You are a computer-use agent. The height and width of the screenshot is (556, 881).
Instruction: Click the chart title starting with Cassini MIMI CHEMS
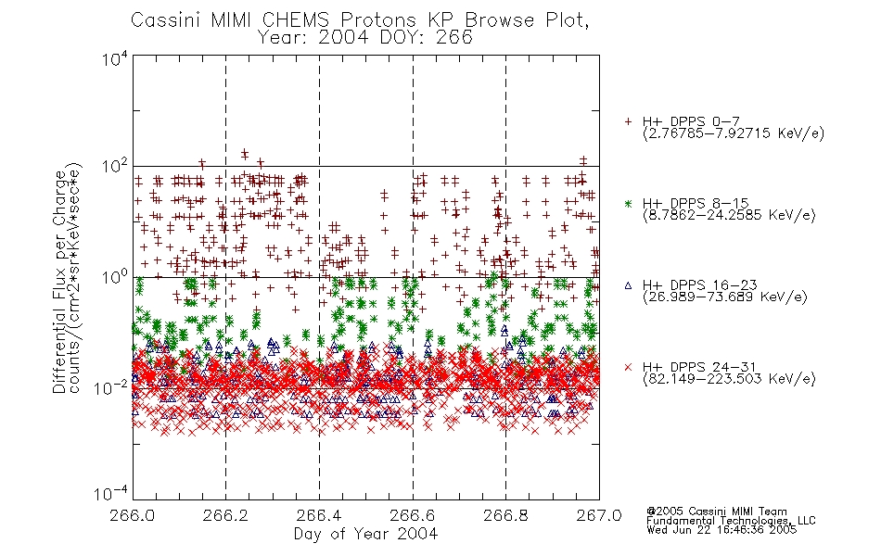[360, 20]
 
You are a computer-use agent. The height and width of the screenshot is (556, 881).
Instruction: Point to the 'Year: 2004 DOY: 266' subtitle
[365, 38]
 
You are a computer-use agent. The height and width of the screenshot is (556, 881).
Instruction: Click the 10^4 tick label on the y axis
[115, 58]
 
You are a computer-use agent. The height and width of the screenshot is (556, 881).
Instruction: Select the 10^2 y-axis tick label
[115, 167]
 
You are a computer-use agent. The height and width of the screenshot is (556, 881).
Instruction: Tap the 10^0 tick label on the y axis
[115, 277]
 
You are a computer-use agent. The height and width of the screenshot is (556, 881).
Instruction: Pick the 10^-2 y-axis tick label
[111, 387]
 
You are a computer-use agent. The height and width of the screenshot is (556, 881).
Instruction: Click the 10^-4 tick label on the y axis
[111, 493]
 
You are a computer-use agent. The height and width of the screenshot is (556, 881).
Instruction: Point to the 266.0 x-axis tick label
[133, 515]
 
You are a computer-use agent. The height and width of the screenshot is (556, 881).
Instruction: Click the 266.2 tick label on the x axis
[226, 515]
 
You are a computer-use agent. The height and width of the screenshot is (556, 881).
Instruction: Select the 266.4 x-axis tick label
[319, 515]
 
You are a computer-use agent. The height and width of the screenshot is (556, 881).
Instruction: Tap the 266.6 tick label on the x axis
[413, 515]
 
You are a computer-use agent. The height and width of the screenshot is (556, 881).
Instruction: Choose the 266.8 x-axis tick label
[505, 515]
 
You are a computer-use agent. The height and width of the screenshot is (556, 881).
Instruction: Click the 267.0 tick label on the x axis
[599, 515]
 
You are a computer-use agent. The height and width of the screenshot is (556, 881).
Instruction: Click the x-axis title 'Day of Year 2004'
[365, 534]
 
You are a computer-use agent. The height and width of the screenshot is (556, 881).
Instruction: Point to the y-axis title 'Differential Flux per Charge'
[59, 282]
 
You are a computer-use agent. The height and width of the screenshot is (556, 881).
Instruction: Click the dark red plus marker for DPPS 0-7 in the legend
[628, 121]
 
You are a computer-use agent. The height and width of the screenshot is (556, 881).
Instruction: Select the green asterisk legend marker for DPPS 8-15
[628, 203]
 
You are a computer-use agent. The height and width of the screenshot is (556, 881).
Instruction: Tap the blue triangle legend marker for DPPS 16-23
[628, 285]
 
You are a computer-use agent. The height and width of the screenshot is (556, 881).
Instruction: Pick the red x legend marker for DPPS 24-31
[628, 367]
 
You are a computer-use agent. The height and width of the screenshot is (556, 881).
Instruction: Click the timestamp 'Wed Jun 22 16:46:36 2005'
[721, 529]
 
